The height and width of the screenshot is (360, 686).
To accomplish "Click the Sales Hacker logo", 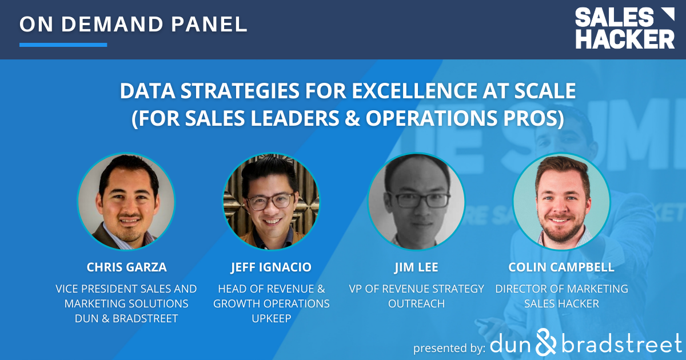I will tap(624, 29).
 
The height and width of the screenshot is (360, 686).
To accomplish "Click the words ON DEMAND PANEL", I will tap(133, 24).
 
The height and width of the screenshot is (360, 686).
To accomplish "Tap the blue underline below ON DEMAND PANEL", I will tap(63, 45).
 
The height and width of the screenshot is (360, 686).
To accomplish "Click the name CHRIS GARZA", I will tap(126, 267).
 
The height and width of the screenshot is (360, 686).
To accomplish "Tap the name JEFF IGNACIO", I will tap(271, 267).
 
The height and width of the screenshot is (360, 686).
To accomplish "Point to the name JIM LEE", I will tap(416, 267).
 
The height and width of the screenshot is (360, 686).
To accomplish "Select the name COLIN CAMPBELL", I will tap(561, 267).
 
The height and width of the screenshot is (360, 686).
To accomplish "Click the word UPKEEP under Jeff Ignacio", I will tap(271, 318).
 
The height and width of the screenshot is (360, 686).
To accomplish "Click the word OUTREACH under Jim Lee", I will tap(416, 303).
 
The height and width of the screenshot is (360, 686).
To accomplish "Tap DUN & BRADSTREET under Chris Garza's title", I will tap(126, 318).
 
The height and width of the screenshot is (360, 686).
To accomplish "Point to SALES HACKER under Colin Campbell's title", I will tap(561, 303).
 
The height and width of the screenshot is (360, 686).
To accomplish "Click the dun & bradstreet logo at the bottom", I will tap(587, 344).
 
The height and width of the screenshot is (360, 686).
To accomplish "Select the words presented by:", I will tap(449, 347).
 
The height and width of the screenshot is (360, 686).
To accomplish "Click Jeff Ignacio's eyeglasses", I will tap(271, 201).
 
